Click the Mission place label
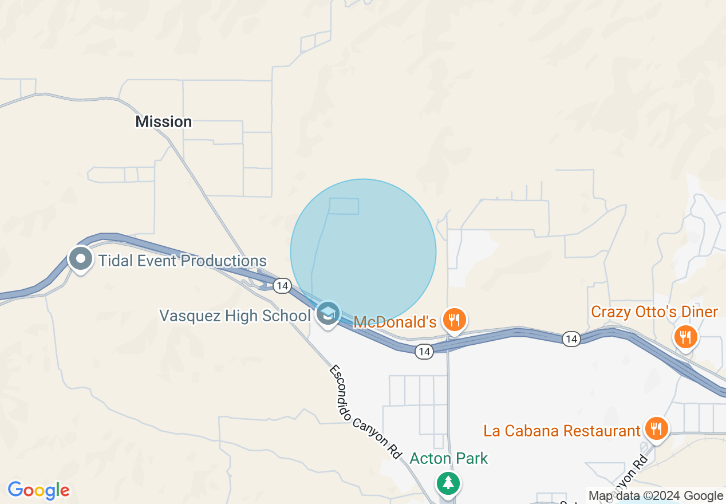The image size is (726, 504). point(163,121)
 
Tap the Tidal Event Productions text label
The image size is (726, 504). point(183,261)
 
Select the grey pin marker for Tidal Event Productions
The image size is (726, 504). point(81,258)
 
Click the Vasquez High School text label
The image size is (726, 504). point(235,316)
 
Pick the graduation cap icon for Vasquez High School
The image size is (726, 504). point(328,314)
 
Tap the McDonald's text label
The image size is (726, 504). point(395,322)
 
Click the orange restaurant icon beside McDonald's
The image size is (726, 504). point(455,320)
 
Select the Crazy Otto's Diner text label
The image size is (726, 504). point(654,312)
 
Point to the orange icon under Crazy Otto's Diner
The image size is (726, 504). point(685,336)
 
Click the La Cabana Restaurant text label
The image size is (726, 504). point(562,430)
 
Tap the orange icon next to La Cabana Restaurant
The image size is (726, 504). point(656,428)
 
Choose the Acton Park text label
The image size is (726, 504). point(449,458)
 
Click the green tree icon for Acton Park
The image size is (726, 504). point(448,483)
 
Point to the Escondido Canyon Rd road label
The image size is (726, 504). point(365,411)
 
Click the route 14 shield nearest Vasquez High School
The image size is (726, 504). point(282,285)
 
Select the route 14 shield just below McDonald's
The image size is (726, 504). point(424,351)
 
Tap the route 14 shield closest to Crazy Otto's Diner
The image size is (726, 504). point(571,339)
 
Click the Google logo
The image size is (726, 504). point(38,490)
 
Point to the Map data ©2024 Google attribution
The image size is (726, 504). point(656,496)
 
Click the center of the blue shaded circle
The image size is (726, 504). point(363,252)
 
